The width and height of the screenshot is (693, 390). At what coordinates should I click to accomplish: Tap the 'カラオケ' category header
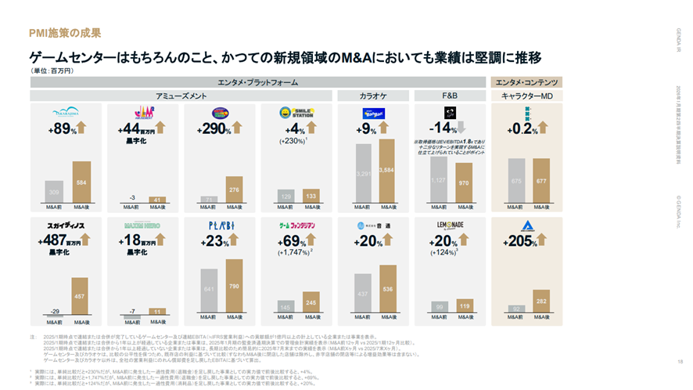pyautogui.click(x=373, y=96)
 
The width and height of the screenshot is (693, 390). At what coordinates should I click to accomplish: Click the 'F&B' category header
pyautogui.click(x=450, y=96)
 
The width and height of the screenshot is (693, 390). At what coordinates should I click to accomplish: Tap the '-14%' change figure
pyautogui.click(x=443, y=129)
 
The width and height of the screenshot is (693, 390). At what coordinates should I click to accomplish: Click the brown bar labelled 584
pyautogui.click(x=82, y=182)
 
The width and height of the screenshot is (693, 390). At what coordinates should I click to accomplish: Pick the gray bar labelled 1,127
pyautogui.click(x=438, y=179)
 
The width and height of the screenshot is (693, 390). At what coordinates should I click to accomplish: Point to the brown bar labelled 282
pyautogui.click(x=540, y=302)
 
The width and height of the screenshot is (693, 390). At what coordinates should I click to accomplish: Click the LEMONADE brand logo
pyautogui.click(x=450, y=225)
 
